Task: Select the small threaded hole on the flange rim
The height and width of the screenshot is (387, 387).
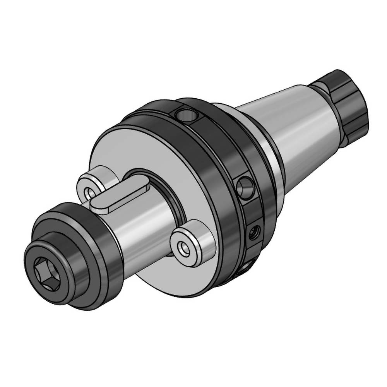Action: [x=254, y=232]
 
